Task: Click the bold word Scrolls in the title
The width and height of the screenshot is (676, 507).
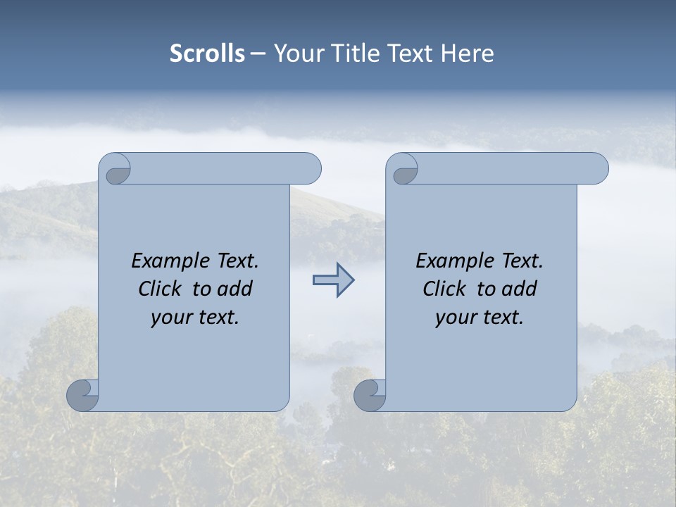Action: point(208,54)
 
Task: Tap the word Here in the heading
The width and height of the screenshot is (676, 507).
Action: point(468,54)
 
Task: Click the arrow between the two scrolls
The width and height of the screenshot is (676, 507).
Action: point(333,280)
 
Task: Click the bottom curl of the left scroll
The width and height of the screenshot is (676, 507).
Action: point(83,395)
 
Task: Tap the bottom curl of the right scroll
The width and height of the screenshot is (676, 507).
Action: point(370,395)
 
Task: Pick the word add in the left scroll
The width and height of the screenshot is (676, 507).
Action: point(236,289)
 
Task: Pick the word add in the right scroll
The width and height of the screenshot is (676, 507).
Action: point(520,289)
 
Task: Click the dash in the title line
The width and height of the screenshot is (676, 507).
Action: point(258,54)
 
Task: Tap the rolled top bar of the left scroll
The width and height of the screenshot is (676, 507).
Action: point(225,169)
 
